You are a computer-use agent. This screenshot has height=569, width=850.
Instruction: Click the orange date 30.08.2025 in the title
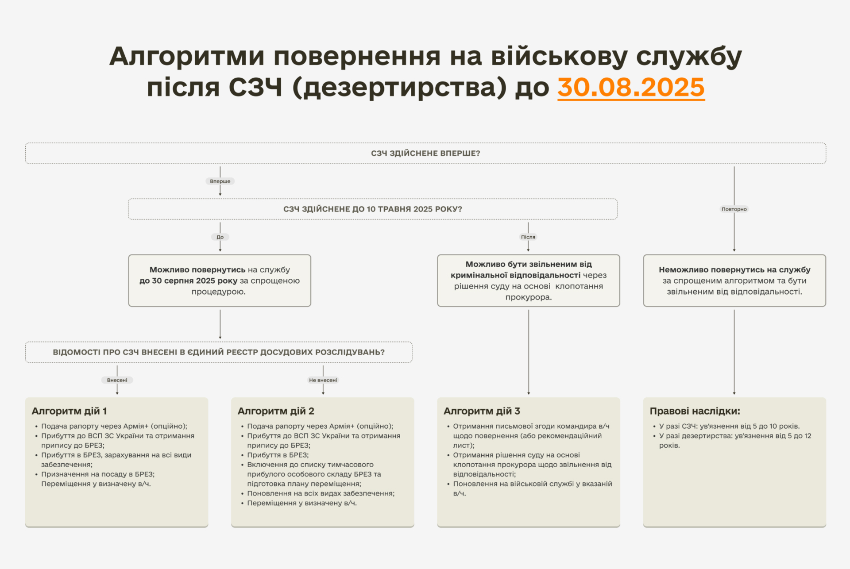coord(631,87)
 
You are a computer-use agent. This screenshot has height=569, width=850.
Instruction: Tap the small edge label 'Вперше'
coord(220,181)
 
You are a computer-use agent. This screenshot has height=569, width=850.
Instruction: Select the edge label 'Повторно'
coord(734,209)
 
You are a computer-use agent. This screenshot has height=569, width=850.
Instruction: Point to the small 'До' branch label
coord(220,237)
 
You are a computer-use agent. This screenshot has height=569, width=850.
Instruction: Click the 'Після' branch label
coord(528,237)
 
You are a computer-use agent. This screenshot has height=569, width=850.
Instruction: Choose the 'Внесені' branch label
coord(117,380)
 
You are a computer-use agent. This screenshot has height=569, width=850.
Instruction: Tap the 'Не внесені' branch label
coord(323,380)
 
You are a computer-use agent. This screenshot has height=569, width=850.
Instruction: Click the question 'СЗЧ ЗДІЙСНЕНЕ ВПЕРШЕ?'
coord(425,153)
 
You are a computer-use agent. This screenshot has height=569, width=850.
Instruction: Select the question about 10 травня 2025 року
coord(373,209)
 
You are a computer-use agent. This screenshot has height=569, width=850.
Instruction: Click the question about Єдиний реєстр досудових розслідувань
coord(219,352)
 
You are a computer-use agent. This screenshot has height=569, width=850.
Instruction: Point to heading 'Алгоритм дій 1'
coord(69,411)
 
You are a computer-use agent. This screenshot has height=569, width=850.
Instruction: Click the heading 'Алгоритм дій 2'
coord(276,411)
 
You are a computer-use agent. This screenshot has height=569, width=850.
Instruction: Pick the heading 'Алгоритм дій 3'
coord(482,411)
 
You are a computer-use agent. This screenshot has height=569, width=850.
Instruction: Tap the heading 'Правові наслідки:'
coord(695,411)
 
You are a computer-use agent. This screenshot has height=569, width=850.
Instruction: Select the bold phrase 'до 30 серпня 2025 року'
coord(189,281)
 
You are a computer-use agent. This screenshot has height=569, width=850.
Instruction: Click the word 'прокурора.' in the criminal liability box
coord(529,297)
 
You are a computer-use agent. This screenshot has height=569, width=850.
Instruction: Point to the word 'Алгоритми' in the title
coord(187,57)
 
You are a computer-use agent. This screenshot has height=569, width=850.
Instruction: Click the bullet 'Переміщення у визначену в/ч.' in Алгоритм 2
coord(302,503)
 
